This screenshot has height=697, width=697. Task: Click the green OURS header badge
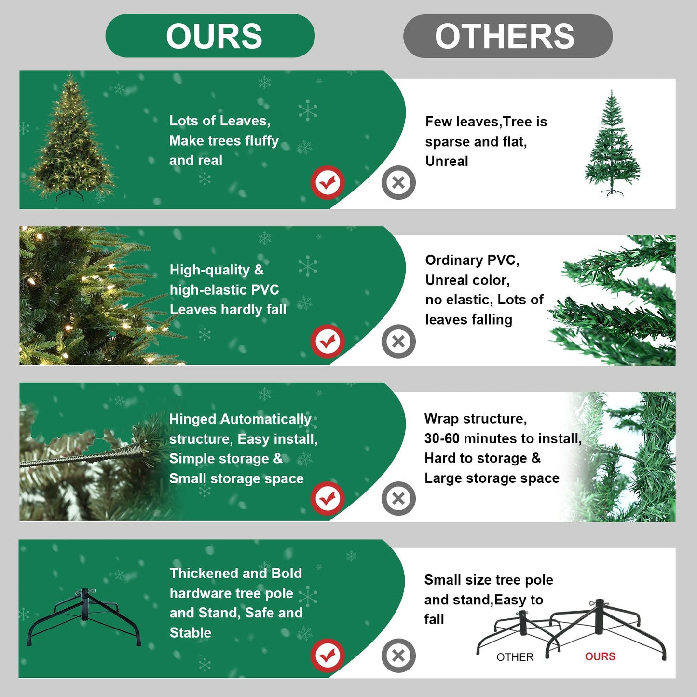(210, 36)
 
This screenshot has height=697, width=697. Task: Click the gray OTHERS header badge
(507, 36)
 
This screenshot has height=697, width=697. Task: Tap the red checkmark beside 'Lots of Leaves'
(327, 182)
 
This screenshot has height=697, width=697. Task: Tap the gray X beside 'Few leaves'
(398, 182)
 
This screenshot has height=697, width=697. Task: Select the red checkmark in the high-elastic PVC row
(327, 342)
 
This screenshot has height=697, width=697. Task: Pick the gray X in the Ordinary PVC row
(398, 342)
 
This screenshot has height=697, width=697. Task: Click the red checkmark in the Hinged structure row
(327, 498)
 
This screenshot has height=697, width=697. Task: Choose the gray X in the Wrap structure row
(398, 498)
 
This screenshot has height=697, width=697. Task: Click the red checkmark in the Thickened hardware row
(327, 655)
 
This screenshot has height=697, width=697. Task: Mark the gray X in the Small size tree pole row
(398, 655)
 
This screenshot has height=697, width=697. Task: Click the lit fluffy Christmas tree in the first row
(71, 140)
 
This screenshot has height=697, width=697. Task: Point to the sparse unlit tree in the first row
(612, 145)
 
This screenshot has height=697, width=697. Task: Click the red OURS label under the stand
(600, 656)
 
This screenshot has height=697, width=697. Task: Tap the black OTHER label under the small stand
(515, 657)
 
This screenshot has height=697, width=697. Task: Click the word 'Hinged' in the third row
(192, 419)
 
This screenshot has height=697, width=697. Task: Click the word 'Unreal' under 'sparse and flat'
(447, 161)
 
